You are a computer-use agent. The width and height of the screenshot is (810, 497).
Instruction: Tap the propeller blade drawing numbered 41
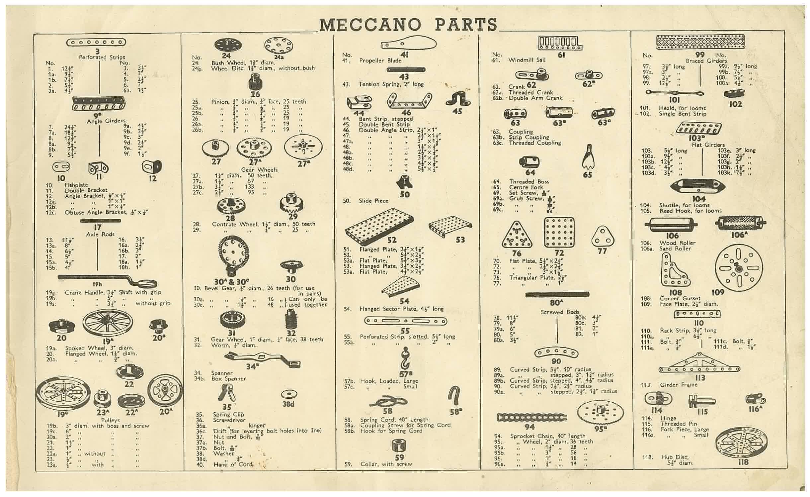tap(409, 44)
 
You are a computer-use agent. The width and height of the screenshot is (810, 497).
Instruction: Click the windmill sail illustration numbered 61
tap(560, 43)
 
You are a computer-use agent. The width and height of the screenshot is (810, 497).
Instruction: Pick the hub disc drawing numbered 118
tap(742, 444)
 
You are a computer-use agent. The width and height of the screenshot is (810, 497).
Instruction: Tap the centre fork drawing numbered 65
tap(588, 157)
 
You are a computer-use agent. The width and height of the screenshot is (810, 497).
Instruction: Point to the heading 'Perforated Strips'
tap(102, 57)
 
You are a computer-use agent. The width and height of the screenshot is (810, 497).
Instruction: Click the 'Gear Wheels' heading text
tap(259, 170)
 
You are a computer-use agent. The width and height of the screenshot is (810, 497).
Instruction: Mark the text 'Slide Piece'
tap(373, 201)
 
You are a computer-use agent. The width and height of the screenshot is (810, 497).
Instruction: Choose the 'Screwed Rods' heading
tap(560, 312)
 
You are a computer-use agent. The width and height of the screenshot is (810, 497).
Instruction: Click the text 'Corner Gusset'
tap(680, 298)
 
